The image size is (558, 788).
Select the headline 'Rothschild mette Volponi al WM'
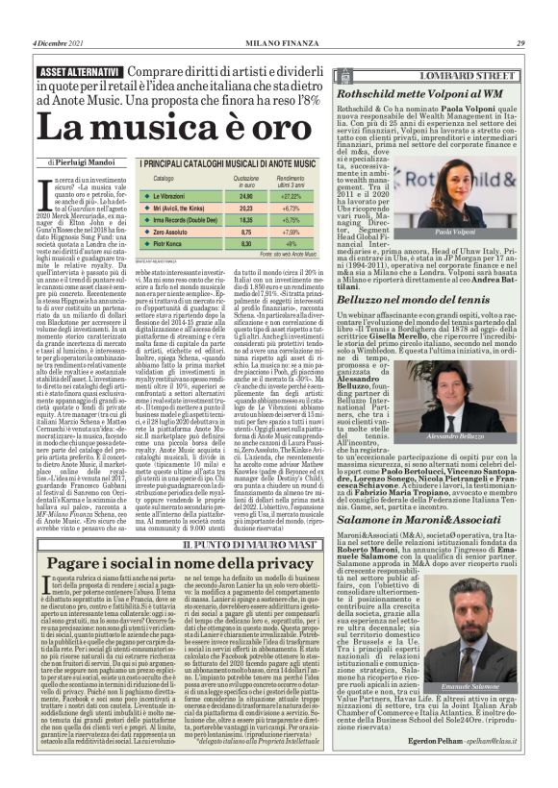(418, 94)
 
